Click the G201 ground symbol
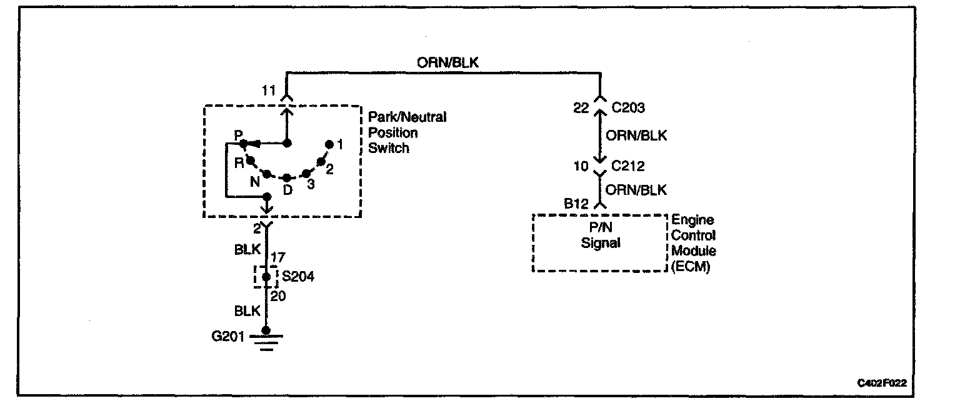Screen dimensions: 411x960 point(266,340)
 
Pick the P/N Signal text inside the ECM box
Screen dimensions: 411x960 point(601,235)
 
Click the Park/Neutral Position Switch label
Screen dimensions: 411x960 point(407,132)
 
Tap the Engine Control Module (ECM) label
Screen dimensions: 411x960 point(694,244)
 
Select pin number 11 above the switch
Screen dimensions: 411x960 point(268,92)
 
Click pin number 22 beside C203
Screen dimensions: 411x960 point(581,109)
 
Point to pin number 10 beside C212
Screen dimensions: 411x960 point(581,166)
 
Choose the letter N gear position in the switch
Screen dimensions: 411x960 point(255,182)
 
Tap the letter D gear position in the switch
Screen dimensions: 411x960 point(287,190)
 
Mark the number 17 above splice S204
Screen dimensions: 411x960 point(279,256)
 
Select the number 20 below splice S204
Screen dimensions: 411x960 point(279,297)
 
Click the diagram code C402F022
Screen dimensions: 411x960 point(881,382)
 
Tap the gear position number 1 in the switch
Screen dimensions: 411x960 point(339,145)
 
